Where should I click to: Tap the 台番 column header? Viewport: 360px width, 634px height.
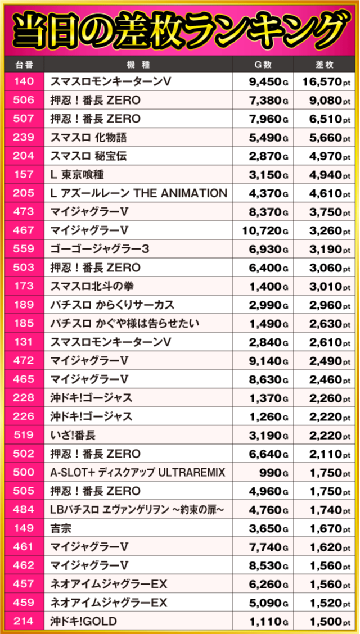(x=23, y=64)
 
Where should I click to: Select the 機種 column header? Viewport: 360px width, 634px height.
(x=138, y=64)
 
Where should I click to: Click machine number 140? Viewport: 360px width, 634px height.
(x=23, y=82)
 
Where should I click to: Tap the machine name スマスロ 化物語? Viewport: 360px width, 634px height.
(x=88, y=138)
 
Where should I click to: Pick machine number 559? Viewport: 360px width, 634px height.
(x=23, y=249)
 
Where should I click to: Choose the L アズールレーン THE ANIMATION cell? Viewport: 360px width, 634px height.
(x=138, y=193)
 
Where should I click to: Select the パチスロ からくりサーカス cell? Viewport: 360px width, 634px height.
(x=112, y=305)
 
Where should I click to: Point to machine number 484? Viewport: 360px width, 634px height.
(x=23, y=509)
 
